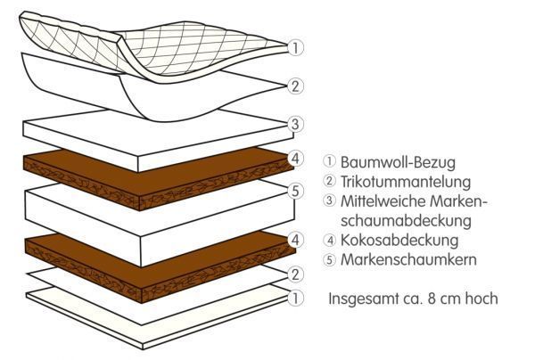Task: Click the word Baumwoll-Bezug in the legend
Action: [398, 162]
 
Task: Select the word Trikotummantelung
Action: [406, 181]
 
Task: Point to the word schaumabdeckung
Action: [406, 220]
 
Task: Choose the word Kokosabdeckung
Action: [399, 240]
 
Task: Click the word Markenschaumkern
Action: [408, 259]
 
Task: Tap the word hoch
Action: [481, 299]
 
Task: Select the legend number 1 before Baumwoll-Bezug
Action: [329, 161]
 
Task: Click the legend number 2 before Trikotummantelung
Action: [329, 181]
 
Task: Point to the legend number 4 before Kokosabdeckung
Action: [329, 241]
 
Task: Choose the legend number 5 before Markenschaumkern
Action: [329, 260]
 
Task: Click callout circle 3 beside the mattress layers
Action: [295, 124]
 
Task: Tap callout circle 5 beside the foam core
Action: [295, 191]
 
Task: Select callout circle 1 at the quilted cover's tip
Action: [295, 48]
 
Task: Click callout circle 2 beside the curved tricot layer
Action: [295, 86]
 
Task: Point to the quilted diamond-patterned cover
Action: [153, 48]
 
